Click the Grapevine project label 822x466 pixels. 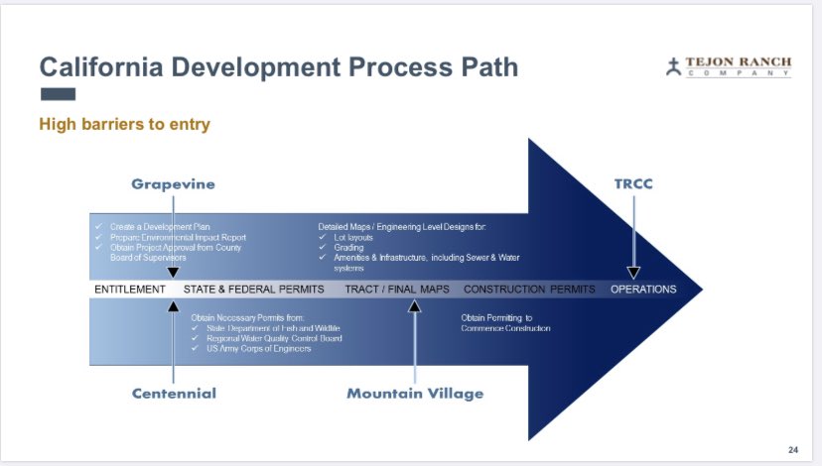(x=173, y=184)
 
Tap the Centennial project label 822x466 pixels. (x=174, y=394)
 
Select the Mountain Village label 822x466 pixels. (x=415, y=394)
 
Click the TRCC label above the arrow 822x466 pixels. (x=634, y=184)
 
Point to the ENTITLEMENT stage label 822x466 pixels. (x=130, y=290)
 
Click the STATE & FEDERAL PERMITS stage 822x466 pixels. (x=254, y=290)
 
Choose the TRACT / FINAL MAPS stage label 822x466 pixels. (x=397, y=290)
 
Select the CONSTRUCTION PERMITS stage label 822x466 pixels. (x=529, y=290)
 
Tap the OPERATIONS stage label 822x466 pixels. (x=643, y=290)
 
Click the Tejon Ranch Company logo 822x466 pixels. (x=729, y=67)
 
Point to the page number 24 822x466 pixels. (x=792, y=447)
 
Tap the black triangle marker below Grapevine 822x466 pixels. (x=173, y=272)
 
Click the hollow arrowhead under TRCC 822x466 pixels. (x=633, y=272)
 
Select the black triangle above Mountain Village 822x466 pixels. (x=415, y=306)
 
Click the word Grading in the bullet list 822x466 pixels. (x=348, y=248)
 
